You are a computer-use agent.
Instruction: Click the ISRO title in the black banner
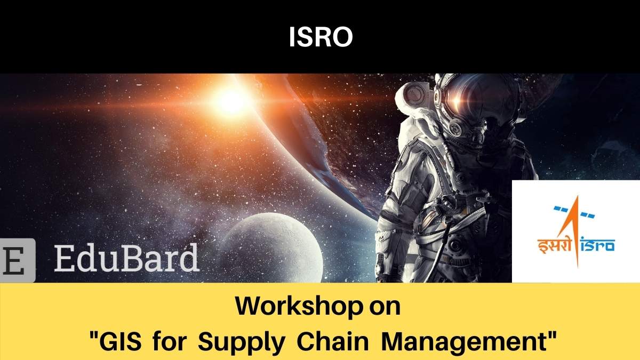click(x=321, y=37)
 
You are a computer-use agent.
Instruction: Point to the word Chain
click(x=333, y=341)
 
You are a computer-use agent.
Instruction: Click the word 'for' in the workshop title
click(x=170, y=341)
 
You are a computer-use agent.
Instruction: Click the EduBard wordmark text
click(x=126, y=257)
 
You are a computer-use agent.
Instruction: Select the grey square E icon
click(x=17, y=260)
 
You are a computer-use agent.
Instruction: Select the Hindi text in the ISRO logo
click(x=554, y=246)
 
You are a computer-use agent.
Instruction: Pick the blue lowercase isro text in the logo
click(x=598, y=245)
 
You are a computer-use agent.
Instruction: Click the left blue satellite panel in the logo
click(x=561, y=209)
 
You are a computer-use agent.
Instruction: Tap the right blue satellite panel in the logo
click(x=587, y=215)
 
